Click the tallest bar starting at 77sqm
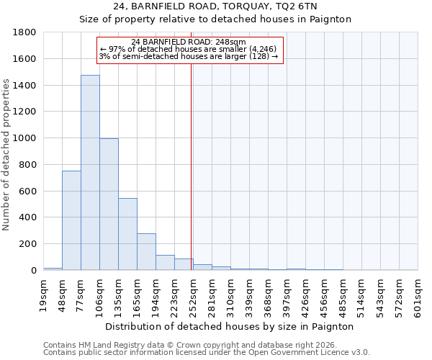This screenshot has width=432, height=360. pyautogui.click(x=90, y=173)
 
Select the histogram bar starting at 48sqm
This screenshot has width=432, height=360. pyautogui.click(x=71, y=220)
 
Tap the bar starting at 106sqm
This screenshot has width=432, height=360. pyautogui.click(x=109, y=204)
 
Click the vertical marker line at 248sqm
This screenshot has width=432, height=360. pyautogui.click(x=191, y=166)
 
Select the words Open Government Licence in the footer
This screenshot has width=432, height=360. pyautogui.click(x=297, y=353)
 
